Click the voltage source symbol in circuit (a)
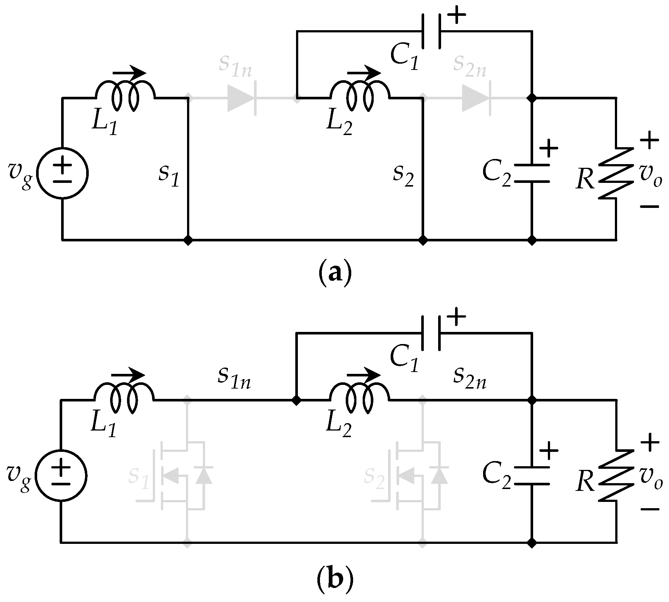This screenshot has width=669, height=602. click(62, 173)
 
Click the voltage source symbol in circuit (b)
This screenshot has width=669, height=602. click(61, 475)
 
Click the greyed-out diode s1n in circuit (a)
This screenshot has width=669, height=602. click(241, 98)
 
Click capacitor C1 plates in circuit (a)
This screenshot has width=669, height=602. click(431, 31)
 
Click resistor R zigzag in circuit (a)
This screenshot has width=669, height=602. click(616, 173)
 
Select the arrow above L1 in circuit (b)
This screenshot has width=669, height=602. click(128, 375)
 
